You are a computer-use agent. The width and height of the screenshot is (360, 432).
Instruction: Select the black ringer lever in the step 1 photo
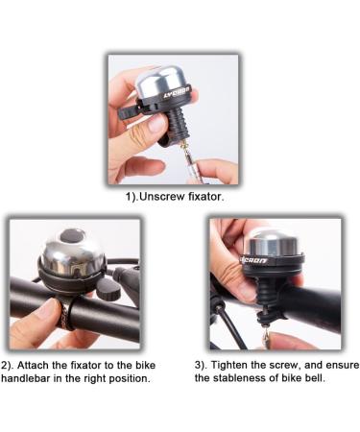point(131,113)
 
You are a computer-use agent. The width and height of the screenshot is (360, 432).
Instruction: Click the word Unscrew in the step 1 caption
point(164,198)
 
